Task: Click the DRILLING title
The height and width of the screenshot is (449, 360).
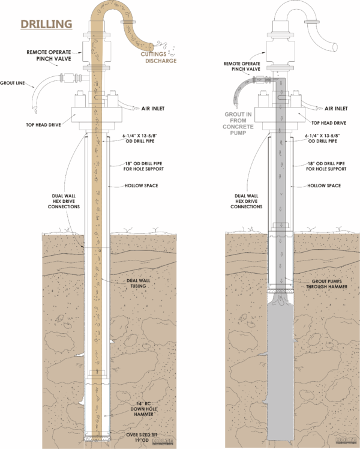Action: [x=47, y=24]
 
